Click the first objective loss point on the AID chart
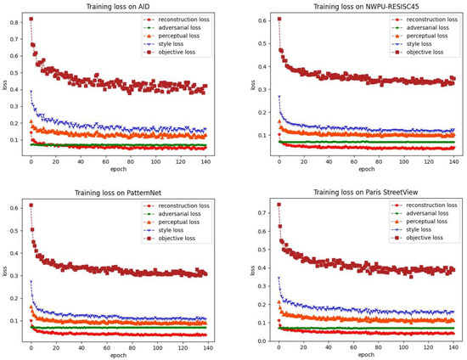pos(31,19)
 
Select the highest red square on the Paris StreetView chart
pos(279,205)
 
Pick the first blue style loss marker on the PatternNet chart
pos(31,283)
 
